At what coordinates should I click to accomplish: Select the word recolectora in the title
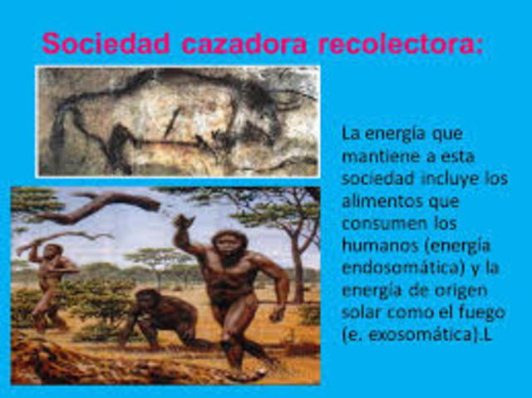[399, 43]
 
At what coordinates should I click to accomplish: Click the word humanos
[376, 246]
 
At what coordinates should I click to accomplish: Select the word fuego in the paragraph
[479, 313]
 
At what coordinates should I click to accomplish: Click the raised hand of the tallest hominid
[182, 223]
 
